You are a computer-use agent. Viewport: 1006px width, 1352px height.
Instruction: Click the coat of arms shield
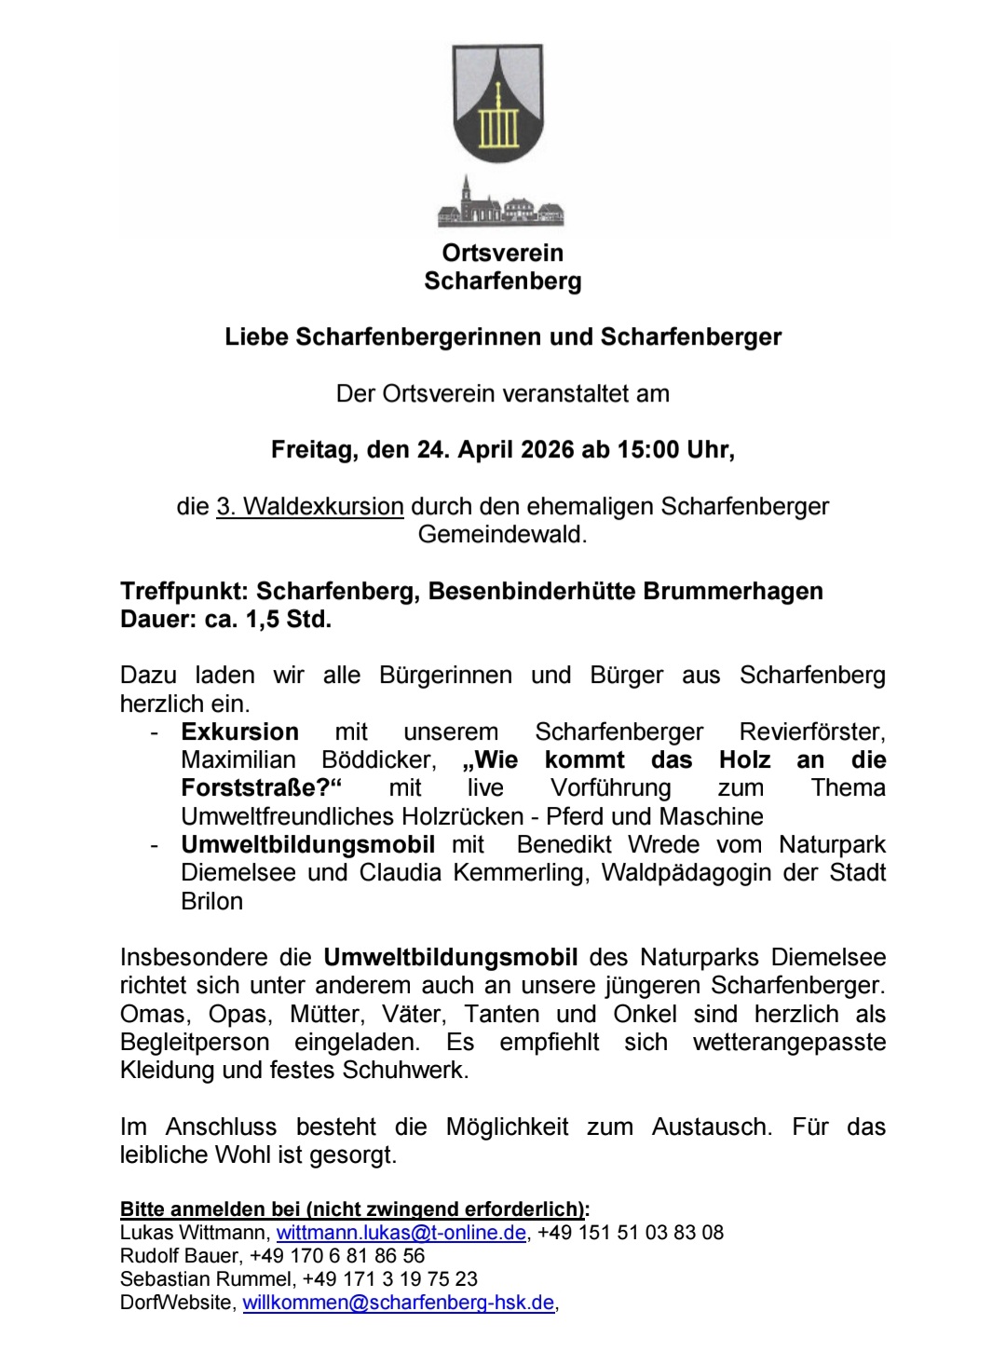tap(497, 102)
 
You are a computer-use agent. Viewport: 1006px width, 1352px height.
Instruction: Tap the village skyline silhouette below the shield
tap(502, 204)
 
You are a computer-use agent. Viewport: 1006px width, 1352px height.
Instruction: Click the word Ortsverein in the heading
tap(502, 253)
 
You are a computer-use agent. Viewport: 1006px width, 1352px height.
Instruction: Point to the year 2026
tap(549, 450)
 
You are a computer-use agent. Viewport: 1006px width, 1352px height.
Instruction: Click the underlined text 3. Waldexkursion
tap(310, 507)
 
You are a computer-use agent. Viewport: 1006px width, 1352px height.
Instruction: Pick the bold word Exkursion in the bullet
tap(239, 732)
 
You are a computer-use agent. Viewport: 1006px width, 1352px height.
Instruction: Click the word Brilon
tap(211, 902)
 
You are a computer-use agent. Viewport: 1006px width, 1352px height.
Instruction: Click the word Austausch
tap(711, 1127)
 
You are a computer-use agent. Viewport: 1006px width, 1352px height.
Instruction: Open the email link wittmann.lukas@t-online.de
tap(401, 1233)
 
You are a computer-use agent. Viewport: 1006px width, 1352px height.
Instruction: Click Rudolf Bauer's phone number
tap(337, 1256)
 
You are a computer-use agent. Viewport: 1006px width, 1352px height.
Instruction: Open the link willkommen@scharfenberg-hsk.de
tap(399, 1303)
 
